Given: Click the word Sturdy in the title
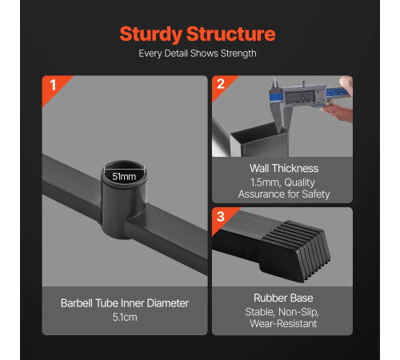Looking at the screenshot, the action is [151, 34].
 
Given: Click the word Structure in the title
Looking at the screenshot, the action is [230, 34].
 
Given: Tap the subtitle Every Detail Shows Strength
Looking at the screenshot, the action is [198, 54].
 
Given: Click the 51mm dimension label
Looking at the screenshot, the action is [124, 177].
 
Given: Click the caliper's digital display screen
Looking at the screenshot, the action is [300, 97].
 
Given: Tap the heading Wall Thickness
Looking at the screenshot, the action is [284, 169].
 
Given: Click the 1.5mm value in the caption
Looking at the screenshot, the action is [265, 182].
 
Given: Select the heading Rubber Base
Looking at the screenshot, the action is [283, 298].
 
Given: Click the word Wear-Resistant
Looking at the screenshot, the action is [283, 324].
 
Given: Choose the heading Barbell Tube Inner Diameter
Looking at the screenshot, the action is [125, 303].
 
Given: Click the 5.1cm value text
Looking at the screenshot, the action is [125, 317].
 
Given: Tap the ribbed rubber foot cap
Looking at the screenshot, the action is [296, 250].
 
